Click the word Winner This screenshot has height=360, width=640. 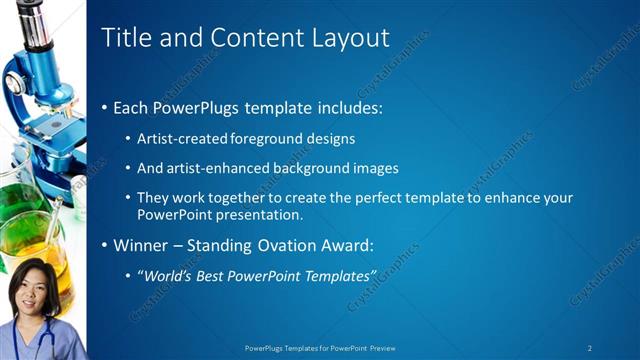coord(141,245)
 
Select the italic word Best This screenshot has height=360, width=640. coord(211,275)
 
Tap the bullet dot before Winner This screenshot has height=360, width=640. coord(105,245)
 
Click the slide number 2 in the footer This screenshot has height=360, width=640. coord(590,348)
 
